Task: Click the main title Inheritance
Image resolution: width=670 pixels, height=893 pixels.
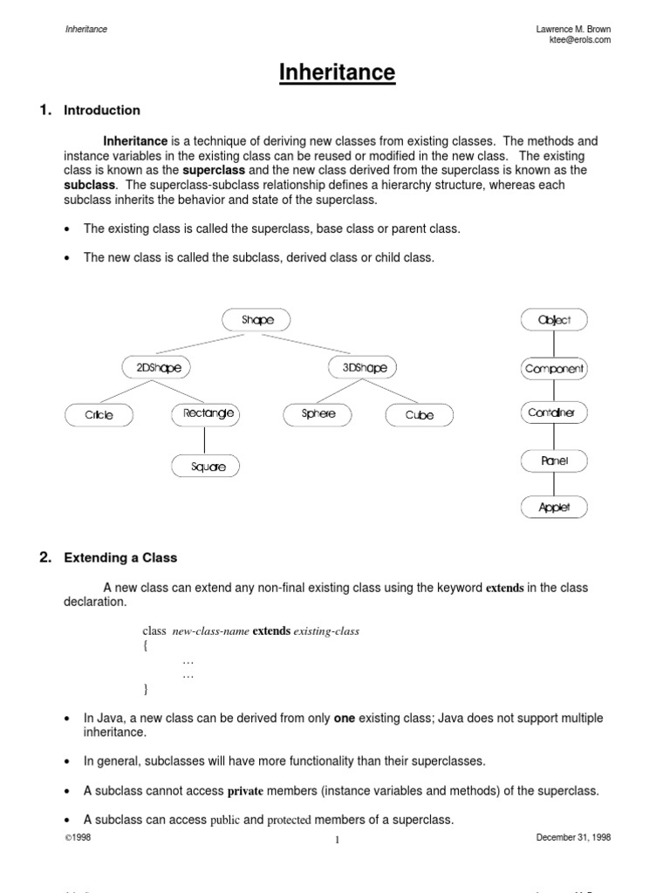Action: click(337, 73)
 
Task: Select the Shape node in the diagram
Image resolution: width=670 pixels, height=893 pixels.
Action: click(257, 320)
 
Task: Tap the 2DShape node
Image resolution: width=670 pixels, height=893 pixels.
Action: click(159, 368)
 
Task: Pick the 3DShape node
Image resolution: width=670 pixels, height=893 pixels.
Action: click(365, 368)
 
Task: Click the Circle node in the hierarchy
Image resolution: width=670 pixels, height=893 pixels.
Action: click(99, 415)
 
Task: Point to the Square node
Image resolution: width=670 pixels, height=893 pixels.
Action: click(208, 467)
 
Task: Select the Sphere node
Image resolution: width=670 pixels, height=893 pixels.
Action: click(318, 414)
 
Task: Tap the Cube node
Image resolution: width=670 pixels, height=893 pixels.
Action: click(420, 415)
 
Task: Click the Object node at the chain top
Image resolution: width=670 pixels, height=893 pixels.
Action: click(555, 320)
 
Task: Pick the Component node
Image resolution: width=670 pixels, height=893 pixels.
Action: click(555, 369)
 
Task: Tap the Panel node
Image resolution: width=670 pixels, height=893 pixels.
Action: click(555, 460)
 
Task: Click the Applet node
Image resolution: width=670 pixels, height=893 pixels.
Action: click(555, 507)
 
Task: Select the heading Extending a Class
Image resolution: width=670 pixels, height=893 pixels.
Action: click(120, 557)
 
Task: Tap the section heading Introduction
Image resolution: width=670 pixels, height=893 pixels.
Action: click(102, 110)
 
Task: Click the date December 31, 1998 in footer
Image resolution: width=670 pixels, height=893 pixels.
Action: click(573, 836)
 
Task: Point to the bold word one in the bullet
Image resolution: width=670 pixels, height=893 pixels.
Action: click(344, 719)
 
